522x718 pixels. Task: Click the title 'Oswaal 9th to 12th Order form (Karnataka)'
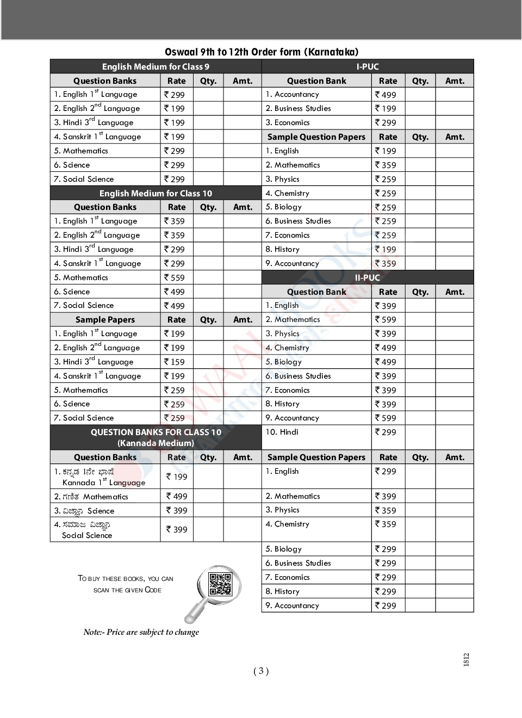pos(262,52)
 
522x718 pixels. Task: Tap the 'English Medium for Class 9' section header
pos(156,67)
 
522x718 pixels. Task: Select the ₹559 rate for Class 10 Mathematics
pos(175,277)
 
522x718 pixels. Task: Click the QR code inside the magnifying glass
pos(220,584)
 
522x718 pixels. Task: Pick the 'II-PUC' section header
pos(367,277)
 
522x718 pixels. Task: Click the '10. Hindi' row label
pos(282,432)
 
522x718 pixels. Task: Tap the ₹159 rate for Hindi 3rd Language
pos(175,362)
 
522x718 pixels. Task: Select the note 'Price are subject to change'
pos(141,632)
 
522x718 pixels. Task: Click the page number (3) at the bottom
pos(261,671)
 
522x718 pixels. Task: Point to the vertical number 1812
pos(466,660)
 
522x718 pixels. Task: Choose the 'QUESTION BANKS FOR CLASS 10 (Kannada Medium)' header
pos(156,437)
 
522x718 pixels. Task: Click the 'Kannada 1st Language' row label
pos(104,482)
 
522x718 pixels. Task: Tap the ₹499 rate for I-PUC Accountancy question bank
pos(386,95)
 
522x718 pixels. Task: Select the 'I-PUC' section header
pos(368,67)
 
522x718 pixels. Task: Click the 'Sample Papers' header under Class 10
pos(105,320)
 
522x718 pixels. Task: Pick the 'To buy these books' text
pos(126,584)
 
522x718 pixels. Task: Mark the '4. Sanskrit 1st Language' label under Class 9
pos(97,137)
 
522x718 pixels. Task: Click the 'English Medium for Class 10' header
pos(156,193)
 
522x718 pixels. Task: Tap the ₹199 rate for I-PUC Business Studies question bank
pos(386,108)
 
